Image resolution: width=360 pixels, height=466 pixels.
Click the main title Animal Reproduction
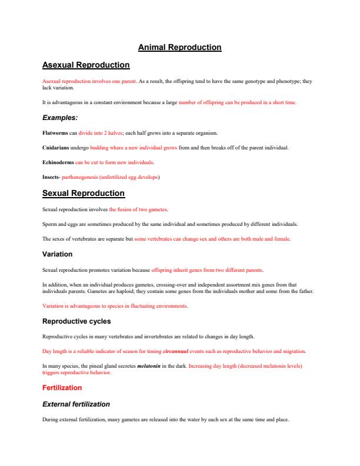179,47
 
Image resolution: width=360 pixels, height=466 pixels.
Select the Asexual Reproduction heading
86,65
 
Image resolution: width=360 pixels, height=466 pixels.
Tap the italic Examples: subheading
61,118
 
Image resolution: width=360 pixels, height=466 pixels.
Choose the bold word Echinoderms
58,162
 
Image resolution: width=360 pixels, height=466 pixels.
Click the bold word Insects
51,177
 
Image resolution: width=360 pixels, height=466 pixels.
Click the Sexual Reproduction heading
84,193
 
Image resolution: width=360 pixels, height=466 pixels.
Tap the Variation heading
58,254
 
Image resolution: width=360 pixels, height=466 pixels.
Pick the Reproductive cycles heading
76,321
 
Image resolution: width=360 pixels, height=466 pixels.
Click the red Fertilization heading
62,388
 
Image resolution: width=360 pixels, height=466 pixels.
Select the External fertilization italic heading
76,404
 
